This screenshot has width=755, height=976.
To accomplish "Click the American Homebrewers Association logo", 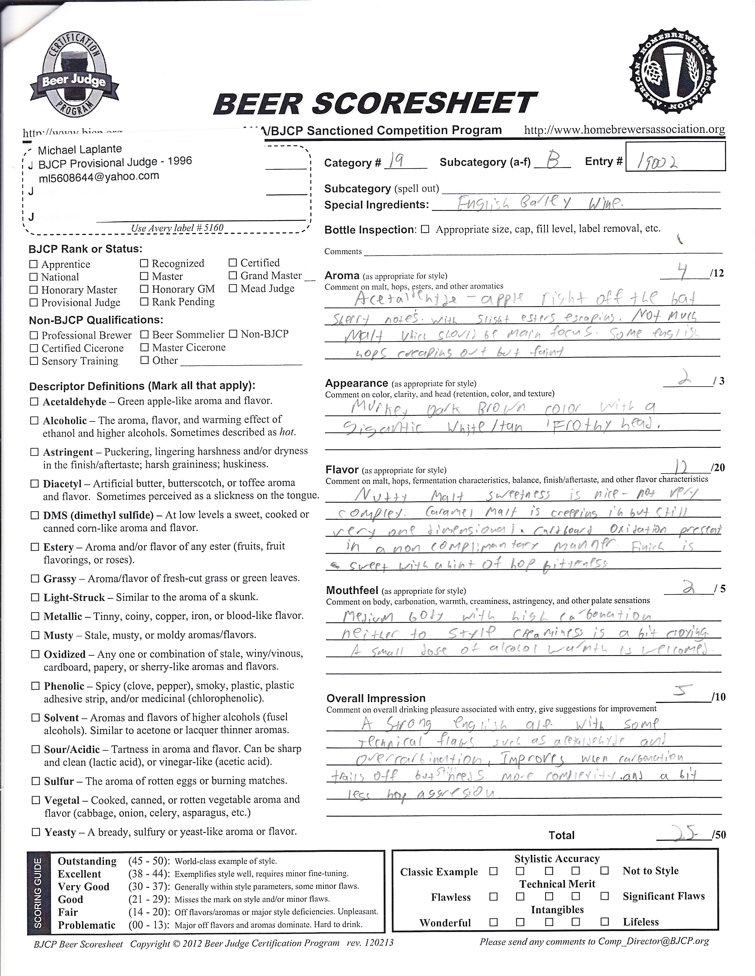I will point(674,76).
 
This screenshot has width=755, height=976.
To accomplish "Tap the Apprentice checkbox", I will point(33,264).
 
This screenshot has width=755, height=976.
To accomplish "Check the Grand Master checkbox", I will point(233,276).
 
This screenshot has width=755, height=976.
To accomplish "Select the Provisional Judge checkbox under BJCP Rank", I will point(33,303).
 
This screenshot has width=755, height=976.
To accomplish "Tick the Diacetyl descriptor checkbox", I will point(34,484).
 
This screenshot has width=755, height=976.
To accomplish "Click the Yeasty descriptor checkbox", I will point(35,832).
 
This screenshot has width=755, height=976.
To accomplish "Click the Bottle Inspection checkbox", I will point(425,229).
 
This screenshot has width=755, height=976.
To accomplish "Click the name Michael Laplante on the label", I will point(80,149).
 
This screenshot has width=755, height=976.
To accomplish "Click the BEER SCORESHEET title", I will point(375,103).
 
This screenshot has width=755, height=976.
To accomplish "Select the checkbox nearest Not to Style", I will point(605,870).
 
